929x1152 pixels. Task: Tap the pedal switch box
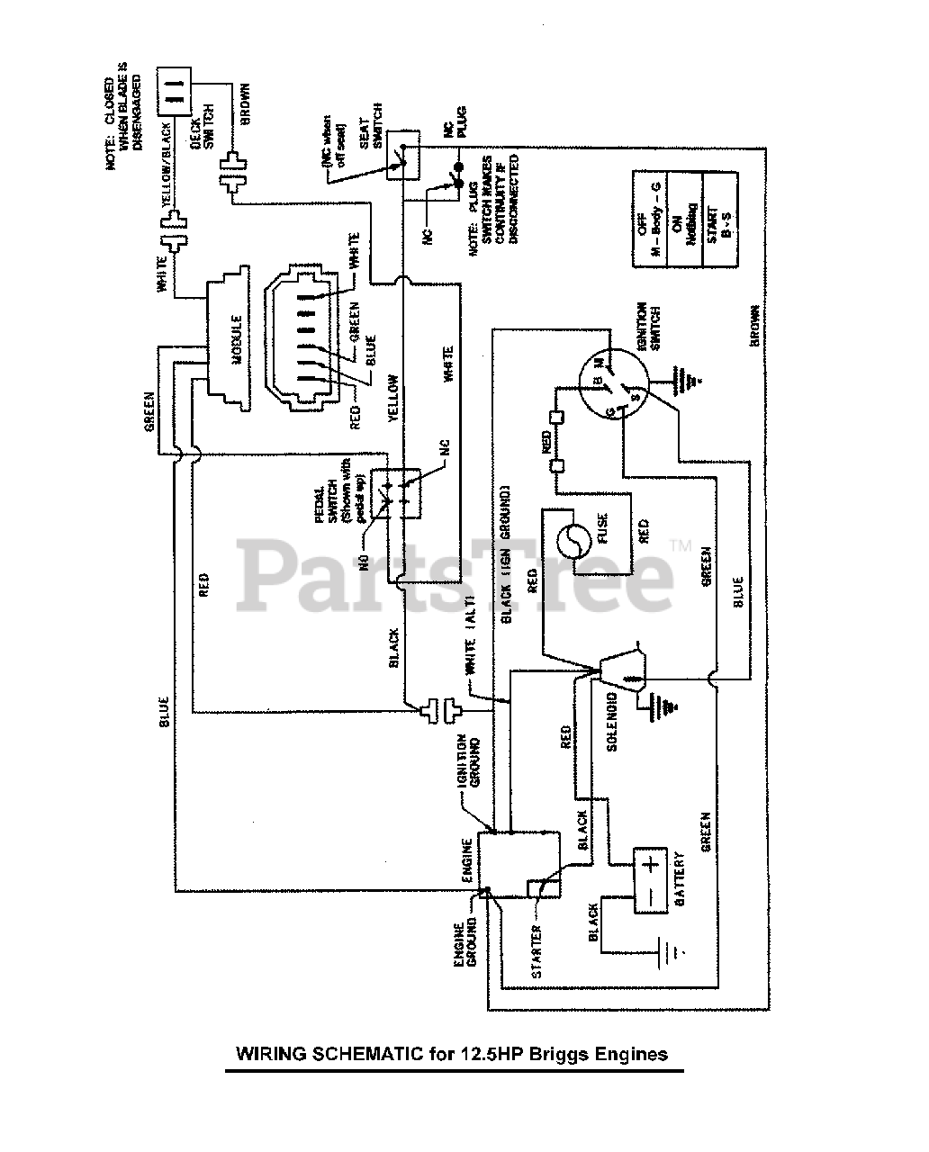397,492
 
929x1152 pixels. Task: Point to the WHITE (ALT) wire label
471,657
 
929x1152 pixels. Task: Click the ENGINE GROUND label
464,945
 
